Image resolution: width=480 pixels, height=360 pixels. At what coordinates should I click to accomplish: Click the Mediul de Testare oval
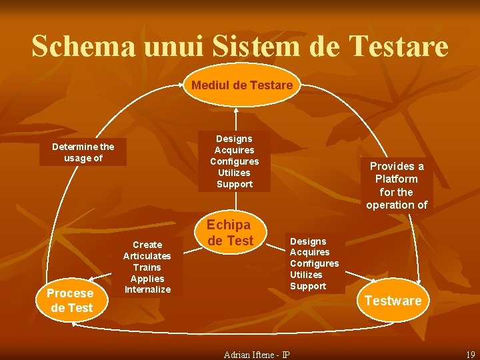pyautogui.click(x=242, y=85)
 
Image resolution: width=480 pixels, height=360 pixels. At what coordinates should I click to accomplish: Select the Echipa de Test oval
pyautogui.click(x=230, y=233)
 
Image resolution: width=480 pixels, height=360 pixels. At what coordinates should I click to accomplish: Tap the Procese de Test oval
pyautogui.click(x=70, y=301)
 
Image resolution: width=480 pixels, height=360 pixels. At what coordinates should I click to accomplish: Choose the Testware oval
pyautogui.click(x=393, y=301)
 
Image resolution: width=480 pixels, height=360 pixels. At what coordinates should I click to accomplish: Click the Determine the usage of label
pyautogui.click(x=83, y=152)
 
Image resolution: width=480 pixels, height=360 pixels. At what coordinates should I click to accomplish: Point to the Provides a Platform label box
pyautogui.click(x=397, y=185)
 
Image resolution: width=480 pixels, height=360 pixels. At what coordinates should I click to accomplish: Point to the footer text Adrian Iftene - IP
pyautogui.click(x=256, y=353)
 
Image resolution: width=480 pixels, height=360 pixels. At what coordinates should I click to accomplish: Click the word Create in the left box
pyautogui.click(x=147, y=245)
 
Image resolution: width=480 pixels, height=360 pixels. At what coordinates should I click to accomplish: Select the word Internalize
pyautogui.click(x=147, y=289)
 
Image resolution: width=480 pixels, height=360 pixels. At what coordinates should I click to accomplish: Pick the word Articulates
pyautogui.click(x=147, y=256)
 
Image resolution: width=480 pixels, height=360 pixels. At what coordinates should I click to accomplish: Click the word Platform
pyautogui.click(x=397, y=179)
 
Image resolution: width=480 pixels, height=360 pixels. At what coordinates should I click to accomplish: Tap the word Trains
pyautogui.click(x=147, y=267)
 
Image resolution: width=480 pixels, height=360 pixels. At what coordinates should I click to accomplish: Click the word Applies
pyautogui.click(x=147, y=279)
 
